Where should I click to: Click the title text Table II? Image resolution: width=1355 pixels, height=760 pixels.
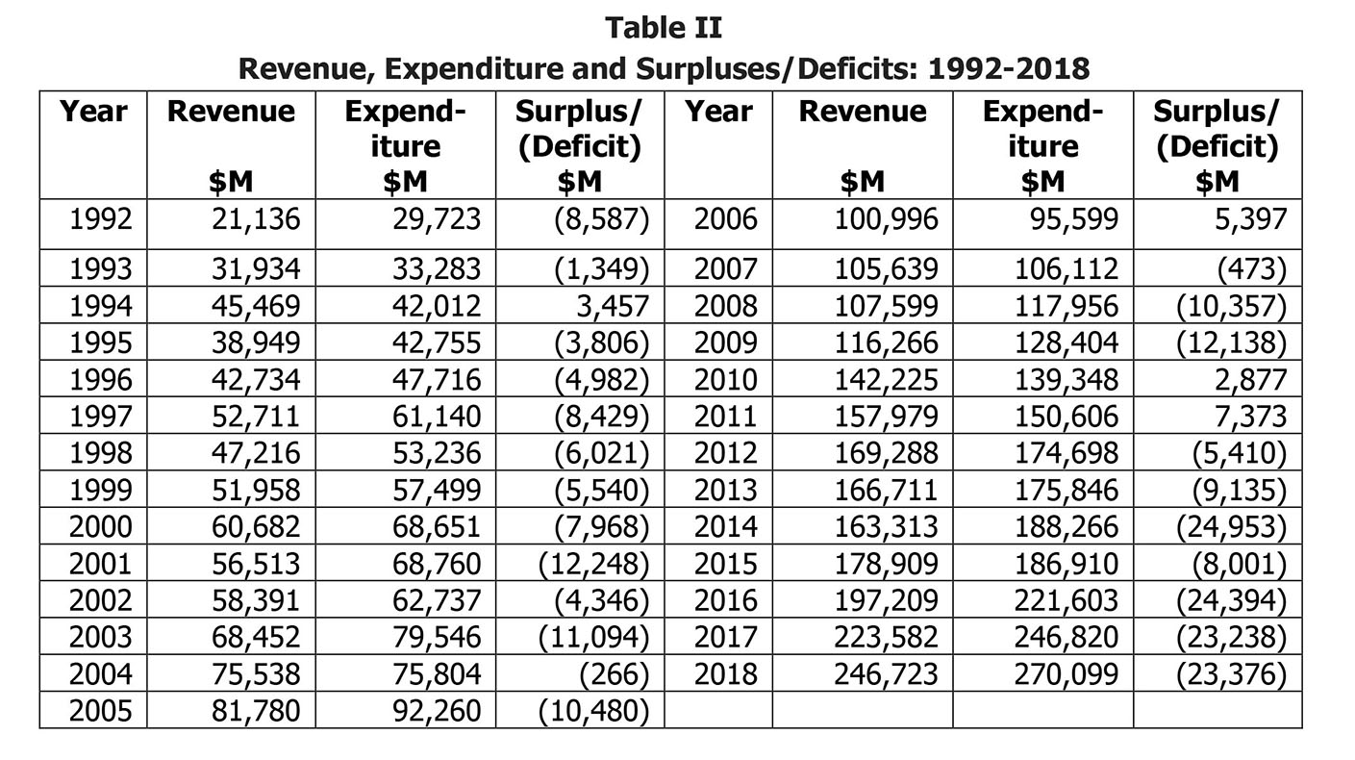(664, 28)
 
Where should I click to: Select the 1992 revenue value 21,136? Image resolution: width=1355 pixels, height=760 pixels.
(256, 219)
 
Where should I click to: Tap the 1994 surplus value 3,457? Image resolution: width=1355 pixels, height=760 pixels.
(613, 306)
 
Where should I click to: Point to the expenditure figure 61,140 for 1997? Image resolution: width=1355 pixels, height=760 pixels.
(437, 417)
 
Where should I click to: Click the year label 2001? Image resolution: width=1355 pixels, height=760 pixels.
(100, 564)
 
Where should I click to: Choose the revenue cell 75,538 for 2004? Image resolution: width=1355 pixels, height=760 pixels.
(256, 674)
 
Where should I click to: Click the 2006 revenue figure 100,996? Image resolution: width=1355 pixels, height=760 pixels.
(887, 219)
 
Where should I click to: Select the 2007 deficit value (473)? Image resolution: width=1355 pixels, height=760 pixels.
(1251, 269)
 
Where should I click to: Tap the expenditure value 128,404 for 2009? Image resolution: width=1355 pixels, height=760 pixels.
(1066, 343)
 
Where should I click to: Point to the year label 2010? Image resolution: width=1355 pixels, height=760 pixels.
(725, 380)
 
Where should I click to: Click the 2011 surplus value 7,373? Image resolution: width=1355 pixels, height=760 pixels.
(1250, 417)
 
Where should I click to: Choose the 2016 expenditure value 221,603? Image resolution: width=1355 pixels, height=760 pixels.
(1066, 601)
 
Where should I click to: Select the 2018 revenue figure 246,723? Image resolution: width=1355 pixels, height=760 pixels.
(887, 674)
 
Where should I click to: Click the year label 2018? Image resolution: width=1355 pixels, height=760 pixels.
(725, 674)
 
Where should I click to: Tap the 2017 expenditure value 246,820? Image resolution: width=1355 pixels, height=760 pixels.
(1066, 637)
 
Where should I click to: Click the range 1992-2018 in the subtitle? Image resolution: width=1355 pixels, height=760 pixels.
(1009, 69)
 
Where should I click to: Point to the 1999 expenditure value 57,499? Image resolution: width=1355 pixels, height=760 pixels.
(437, 490)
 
